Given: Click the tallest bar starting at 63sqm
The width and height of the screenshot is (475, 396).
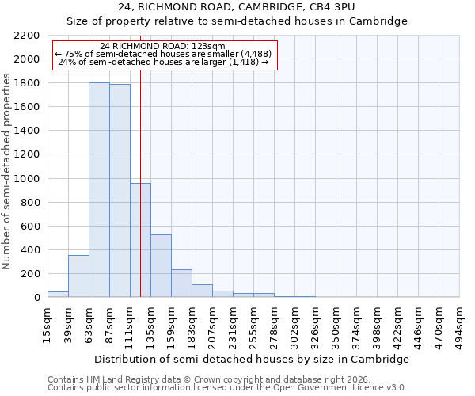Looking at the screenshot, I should [99, 190].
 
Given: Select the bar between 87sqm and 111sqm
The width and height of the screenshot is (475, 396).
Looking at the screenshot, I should [120, 191].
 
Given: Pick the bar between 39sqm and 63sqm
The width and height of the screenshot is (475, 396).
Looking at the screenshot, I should [78, 276].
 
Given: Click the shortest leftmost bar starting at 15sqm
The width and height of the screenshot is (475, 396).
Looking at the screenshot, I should [58, 295].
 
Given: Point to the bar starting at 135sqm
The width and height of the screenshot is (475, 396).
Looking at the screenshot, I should [161, 266].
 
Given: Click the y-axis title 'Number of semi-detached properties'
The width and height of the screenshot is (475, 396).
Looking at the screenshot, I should [7, 171].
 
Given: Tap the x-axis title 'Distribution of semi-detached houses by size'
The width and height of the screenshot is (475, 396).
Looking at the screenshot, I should [252, 359].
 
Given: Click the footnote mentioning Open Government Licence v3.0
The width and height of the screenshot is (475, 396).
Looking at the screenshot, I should [227, 387].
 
